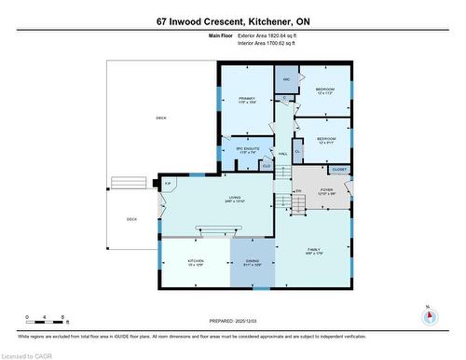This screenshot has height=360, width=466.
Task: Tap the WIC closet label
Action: [288, 79]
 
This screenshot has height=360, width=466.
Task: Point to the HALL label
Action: [282, 154]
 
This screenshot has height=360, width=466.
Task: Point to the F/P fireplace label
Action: [168, 183]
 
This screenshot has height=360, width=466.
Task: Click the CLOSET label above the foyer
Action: [339, 170]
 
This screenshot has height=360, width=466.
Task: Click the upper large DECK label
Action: [160, 118]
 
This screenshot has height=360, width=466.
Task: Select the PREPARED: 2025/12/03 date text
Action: [233, 322]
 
